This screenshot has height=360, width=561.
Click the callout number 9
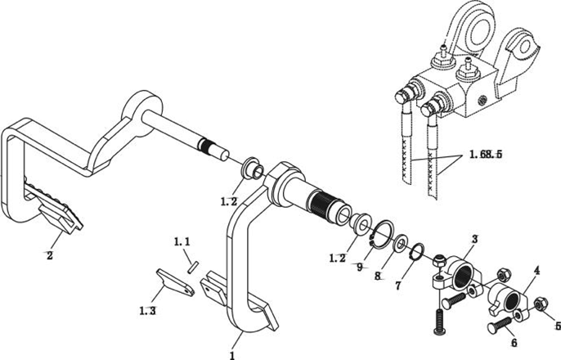[x=360, y=267]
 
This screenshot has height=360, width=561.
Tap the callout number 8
[x=378, y=276]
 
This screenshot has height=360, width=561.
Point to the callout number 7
[x=397, y=286]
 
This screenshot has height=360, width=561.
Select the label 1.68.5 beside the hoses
[x=486, y=155]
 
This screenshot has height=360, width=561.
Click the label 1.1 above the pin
[x=182, y=242]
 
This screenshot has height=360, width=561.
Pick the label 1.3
[x=147, y=311]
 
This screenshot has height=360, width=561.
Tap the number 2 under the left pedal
[x=50, y=255]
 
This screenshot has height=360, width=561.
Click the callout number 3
[x=474, y=239]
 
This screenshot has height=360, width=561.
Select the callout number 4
[x=536, y=271]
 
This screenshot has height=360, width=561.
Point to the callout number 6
[x=514, y=343]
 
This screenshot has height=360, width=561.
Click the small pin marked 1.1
[x=193, y=268]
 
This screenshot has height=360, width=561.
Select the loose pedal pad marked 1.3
[x=175, y=283]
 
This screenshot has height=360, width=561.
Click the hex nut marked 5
[x=539, y=304]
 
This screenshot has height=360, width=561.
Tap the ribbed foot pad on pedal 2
[x=54, y=203]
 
